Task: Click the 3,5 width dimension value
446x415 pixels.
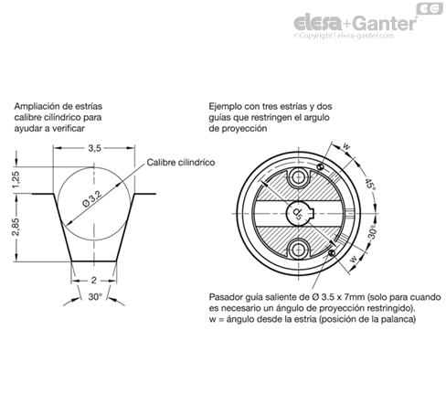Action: (x=94, y=148)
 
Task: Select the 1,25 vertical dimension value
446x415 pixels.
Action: (x=16, y=180)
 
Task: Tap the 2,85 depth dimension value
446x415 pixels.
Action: (x=16, y=227)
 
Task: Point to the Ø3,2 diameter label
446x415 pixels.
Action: (x=92, y=199)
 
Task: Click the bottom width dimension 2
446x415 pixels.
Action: (x=94, y=280)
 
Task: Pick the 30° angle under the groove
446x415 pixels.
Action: (x=95, y=296)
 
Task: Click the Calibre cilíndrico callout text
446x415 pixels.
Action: (x=181, y=163)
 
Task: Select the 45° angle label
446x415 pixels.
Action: (x=370, y=184)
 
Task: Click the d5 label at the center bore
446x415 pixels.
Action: (x=297, y=213)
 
